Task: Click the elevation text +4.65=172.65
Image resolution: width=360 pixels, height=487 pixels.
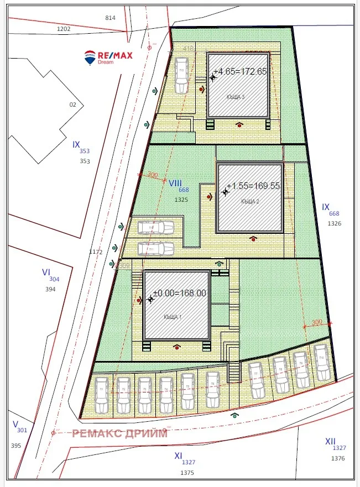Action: (240, 72)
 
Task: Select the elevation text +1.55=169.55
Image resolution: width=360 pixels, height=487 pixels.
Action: (253, 186)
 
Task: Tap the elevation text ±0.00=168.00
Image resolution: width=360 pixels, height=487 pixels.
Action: (179, 294)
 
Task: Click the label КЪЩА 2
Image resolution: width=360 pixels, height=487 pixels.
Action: (250, 202)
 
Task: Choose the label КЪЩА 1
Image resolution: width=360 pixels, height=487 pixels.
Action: (173, 317)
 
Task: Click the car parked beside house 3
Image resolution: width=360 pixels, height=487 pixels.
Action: (181, 76)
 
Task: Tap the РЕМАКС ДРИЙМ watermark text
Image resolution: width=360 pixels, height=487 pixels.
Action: (119, 433)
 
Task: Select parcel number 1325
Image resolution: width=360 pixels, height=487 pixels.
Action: (182, 199)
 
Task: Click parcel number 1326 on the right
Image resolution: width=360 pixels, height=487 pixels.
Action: (335, 224)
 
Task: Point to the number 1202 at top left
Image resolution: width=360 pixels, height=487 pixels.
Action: (64, 29)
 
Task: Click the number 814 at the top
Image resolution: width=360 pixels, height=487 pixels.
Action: (110, 18)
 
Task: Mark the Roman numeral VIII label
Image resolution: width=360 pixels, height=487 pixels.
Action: (175, 183)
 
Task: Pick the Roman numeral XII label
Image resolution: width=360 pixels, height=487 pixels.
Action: (330, 441)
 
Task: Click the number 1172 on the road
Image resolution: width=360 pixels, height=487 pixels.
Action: (96, 252)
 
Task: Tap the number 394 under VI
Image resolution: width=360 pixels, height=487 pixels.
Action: (50, 289)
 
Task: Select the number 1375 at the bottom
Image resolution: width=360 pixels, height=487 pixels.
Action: (188, 473)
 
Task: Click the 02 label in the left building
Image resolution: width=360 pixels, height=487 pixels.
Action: (72, 104)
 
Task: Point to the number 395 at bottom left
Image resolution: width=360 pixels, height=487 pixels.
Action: (16, 446)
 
